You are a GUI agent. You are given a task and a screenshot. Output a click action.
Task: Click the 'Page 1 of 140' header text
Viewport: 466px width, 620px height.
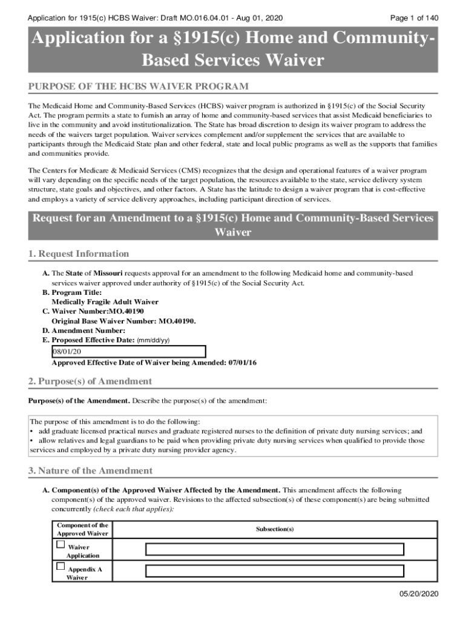tap(415, 18)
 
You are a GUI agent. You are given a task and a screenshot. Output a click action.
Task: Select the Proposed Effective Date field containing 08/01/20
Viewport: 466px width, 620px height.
tap(128, 352)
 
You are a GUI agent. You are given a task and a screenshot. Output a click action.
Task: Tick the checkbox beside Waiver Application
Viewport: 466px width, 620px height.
tap(61, 544)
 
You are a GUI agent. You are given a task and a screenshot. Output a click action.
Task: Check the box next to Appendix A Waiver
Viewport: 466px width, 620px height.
tap(61, 566)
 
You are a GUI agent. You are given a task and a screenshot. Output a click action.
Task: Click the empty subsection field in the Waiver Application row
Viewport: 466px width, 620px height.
tap(274, 549)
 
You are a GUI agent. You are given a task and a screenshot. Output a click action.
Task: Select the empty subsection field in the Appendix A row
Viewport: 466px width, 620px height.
tap(274, 571)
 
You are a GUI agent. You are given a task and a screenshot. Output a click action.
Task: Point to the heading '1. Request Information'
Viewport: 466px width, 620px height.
tap(79, 254)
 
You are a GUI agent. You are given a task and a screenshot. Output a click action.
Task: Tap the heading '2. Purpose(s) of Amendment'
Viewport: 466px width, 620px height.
tap(90, 381)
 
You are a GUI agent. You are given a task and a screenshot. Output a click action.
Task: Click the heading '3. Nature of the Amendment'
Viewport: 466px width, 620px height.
tap(90, 470)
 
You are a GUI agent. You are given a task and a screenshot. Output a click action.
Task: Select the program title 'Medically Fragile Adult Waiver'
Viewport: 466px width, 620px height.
tap(105, 302)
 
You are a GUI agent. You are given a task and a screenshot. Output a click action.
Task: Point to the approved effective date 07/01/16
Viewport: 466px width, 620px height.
tap(243, 363)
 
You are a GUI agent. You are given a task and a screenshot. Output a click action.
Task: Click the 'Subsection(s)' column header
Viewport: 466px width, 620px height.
tap(274, 529)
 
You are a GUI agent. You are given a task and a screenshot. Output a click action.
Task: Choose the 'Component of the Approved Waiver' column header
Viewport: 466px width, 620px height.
tap(82, 529)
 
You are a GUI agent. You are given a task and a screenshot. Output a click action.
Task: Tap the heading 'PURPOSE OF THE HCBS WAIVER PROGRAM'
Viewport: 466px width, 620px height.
tap(139, 87)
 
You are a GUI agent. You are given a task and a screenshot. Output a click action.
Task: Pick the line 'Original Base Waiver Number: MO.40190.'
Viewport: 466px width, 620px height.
tap(124, 321)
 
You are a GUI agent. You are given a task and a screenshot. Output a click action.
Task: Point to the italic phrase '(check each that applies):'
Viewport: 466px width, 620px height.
tap(137, 509)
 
